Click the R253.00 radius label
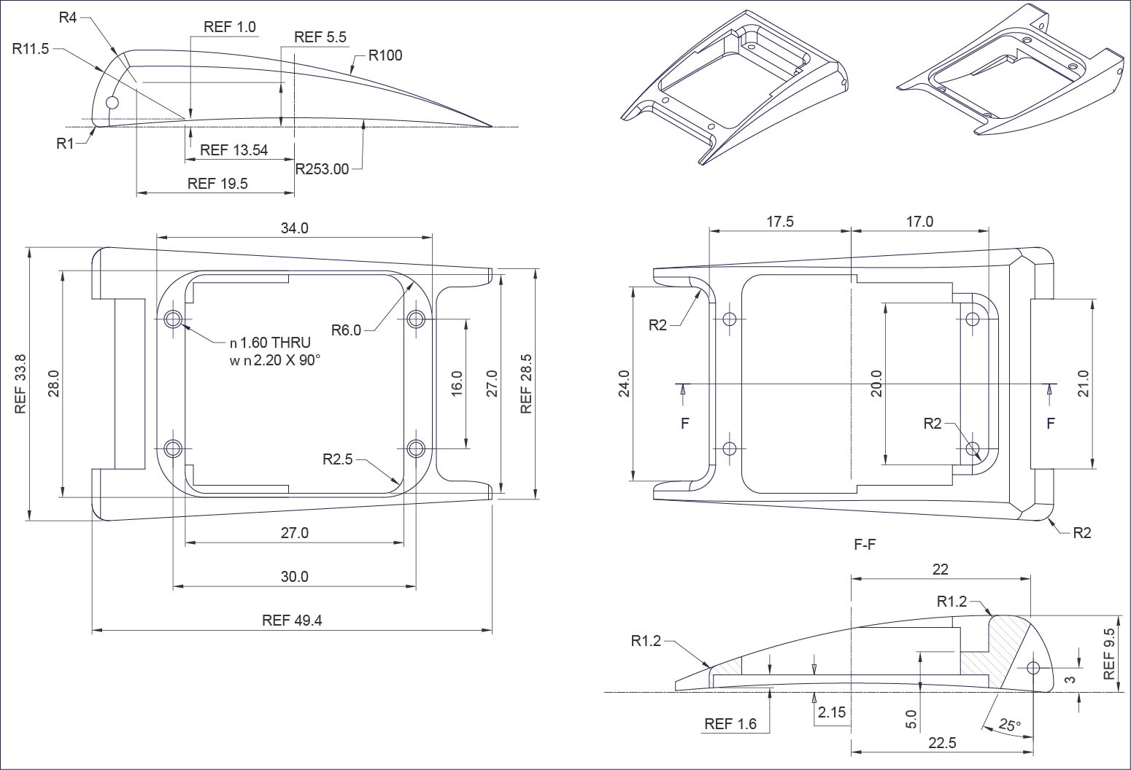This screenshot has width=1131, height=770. pyautogui.click(x=322, y=169)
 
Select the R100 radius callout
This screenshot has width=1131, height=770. pyautogui.click(x=385, y=55)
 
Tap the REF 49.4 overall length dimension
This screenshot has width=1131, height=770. pyautogui.click(x=292, y=620)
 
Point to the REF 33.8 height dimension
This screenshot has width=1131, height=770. pyautogui.click(x=20, y=384)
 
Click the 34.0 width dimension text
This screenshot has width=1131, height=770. pyautogui.click(x=294, y=228)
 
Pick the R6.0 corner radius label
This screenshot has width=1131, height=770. pyautogui.click(x=346, y=330)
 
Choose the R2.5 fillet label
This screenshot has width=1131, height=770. pyautogui.click(x=337, y=459)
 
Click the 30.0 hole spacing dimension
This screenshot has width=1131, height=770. pyautogui.click(x=294, y=576)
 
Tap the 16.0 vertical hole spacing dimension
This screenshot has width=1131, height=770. pyautogui.click(x=457, y=384)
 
